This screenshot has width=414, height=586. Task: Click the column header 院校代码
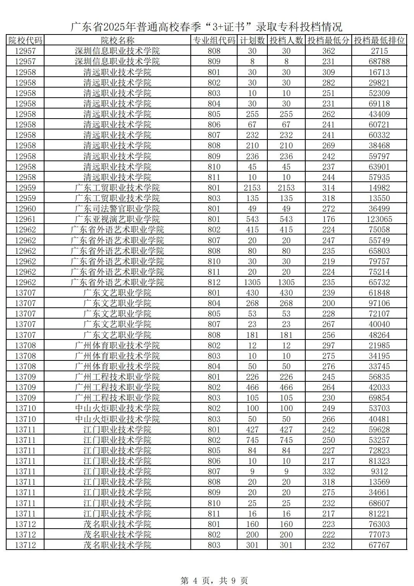point(25,40)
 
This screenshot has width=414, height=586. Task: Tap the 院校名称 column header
point(117,40)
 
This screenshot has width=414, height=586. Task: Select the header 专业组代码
point(214,40)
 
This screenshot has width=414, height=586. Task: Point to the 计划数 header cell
point(252,40)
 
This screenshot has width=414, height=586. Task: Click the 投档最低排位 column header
point(379,40)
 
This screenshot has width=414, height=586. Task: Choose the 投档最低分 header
point(328,40)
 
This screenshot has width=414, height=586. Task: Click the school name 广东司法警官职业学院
point(117,209)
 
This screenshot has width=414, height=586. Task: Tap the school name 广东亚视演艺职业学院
point(117,219)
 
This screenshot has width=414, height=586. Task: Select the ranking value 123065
point(379,219)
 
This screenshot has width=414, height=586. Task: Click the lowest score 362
point(328,51)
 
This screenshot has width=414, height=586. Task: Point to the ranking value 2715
point(379,51)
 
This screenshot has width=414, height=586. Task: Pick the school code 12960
point(25,209)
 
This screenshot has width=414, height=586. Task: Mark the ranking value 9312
point(379,471)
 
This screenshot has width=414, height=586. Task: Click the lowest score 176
point(328,219)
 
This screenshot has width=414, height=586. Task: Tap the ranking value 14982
point(379,188)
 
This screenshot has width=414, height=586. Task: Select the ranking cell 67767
point(379,545)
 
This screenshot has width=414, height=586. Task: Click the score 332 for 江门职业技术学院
point(328,471)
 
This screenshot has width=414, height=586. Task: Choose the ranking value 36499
point(379,209)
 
